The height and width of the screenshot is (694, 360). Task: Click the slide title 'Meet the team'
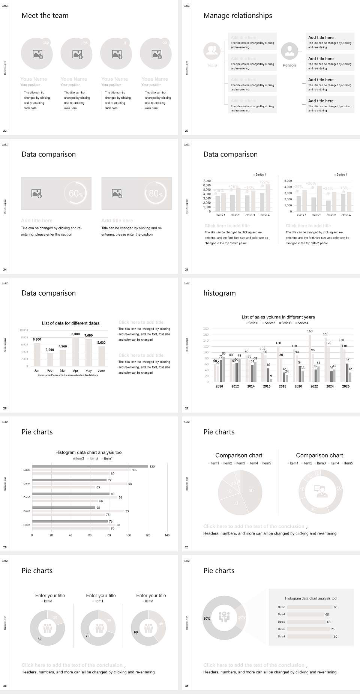(45, 16)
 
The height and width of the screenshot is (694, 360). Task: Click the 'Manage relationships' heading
(237, 16)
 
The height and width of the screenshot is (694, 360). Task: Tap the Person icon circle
(289, 51)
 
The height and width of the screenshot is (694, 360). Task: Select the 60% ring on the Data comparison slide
(75, 193)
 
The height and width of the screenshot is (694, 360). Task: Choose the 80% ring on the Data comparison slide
(156, 193)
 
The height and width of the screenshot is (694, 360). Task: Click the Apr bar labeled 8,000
(75, 352)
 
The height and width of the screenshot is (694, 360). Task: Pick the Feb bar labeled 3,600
(50, 360)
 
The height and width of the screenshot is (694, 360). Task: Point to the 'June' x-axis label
(101, 371)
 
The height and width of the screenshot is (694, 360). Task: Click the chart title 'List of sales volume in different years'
(278, 317)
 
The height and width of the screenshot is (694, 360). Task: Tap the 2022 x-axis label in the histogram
(314, 386)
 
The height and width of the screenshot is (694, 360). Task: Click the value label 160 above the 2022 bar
(310, 331)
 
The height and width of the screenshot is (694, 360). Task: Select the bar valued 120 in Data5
(90, 467)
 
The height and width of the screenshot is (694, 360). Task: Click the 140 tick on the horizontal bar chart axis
(167, 535)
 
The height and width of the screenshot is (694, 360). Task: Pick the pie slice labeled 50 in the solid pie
(251, 491)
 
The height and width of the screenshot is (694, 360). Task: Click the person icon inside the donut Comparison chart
(321, 491)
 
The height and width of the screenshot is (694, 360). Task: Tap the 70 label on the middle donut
(87, 636)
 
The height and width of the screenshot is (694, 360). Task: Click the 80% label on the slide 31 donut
(207, 619)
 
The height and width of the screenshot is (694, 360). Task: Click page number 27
(187, 408)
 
